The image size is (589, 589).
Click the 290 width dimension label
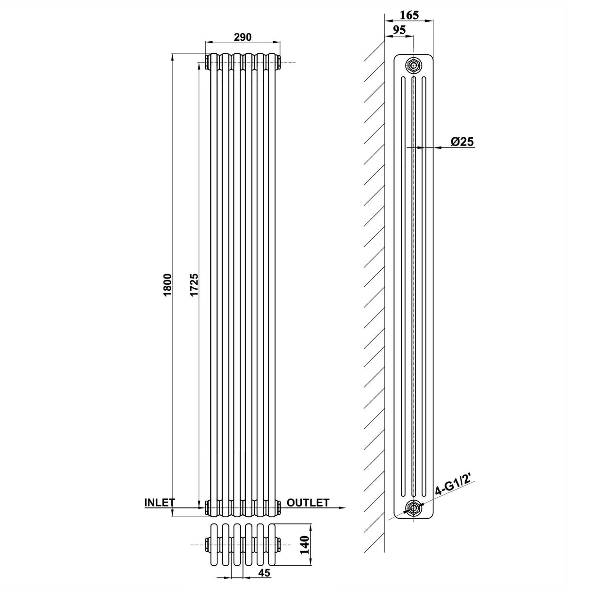(243, 37)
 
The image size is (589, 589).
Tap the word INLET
(159, 502)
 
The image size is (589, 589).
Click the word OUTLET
(308, 502)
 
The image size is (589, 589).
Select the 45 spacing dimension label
(264, 573)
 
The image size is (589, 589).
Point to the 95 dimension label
(399, 30)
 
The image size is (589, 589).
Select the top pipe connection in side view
(413, 65)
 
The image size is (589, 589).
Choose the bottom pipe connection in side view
(413, 509)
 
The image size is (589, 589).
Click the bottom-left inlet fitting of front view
(208, 507)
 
